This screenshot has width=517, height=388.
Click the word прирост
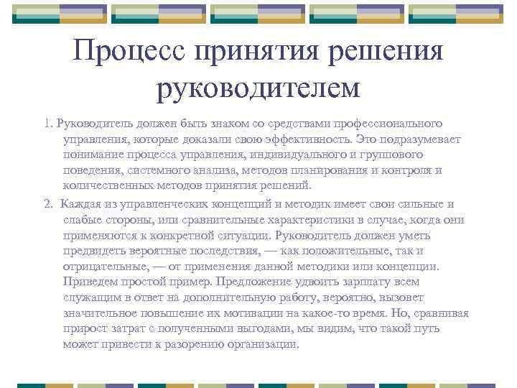pos(84,329)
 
